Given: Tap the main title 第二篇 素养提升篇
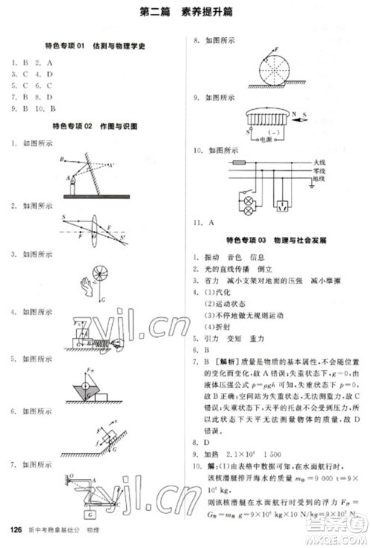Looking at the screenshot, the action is click(185, 13).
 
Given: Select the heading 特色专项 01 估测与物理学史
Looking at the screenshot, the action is click(94, 46).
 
